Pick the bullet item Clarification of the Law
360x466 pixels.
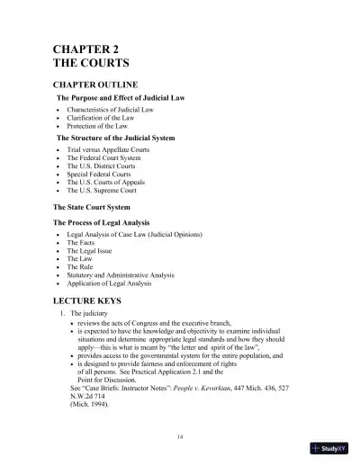tap(102, 118)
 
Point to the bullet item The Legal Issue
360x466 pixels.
tap(92, 250)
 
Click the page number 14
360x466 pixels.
tap(181, 435)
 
